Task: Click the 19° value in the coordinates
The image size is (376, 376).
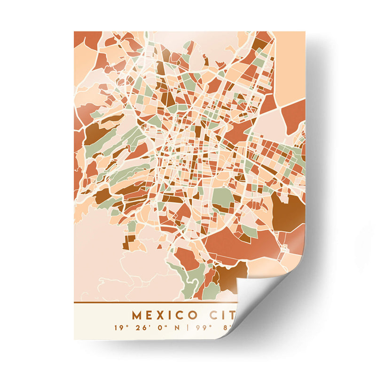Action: click(x=120, y=327)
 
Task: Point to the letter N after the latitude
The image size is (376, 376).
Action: click(x=176, y=327)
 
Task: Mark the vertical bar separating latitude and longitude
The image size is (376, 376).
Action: click(x=187, y=327)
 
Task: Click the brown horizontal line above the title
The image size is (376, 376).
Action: click(x=155, y=302)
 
